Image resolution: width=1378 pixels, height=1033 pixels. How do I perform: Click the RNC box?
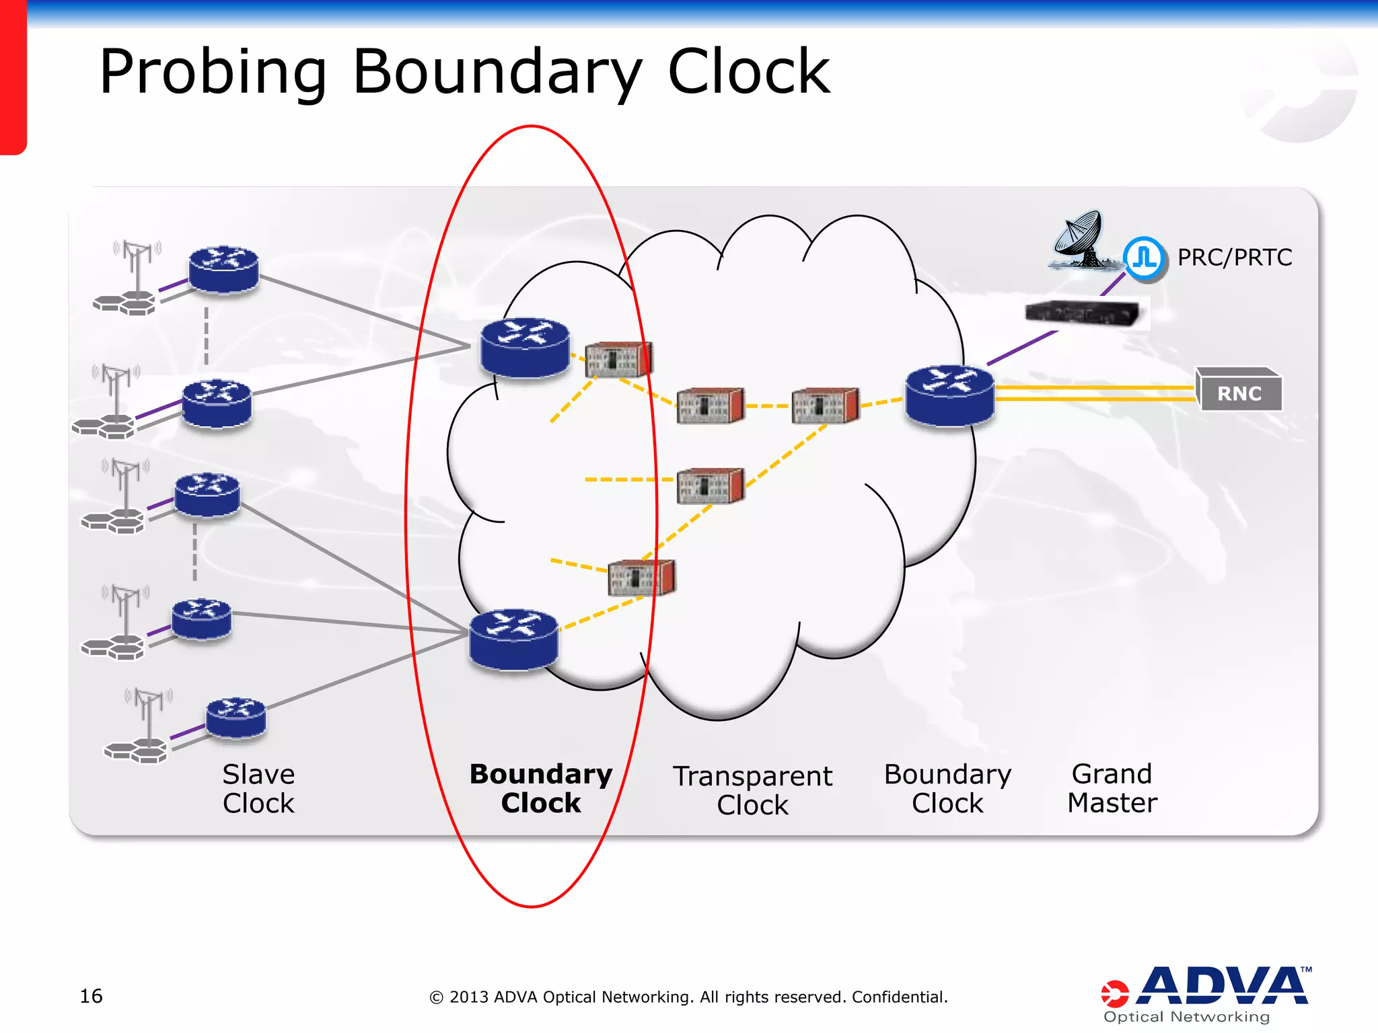(x=1239, y=391)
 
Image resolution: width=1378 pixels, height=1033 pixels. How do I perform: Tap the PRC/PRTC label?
(x=1234, y=258)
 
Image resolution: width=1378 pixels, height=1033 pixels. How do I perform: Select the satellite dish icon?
(x=1079, y=239)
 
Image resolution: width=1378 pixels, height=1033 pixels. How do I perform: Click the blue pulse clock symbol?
(x=1144, y=258)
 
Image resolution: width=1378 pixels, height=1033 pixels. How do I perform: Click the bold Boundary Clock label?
(x=541, y=788)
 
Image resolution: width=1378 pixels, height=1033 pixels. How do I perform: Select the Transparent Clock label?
(x=752, y=790)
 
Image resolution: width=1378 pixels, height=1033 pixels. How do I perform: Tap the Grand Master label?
(x=1112, y=788)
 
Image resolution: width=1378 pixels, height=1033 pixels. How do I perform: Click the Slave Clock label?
(x=258, y=788)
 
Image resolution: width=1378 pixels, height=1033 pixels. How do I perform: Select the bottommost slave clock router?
(x=235, y=718)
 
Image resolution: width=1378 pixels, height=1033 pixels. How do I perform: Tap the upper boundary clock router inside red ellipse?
(x=525, y=347)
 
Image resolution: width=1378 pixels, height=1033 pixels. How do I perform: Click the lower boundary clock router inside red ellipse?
(x=513, y=639)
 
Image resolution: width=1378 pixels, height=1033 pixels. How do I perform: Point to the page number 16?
(x=91, y=996)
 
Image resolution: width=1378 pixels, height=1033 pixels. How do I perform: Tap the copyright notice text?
(x=688, y=997)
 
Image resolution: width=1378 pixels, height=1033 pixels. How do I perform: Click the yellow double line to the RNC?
(x=1093, y=393)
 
